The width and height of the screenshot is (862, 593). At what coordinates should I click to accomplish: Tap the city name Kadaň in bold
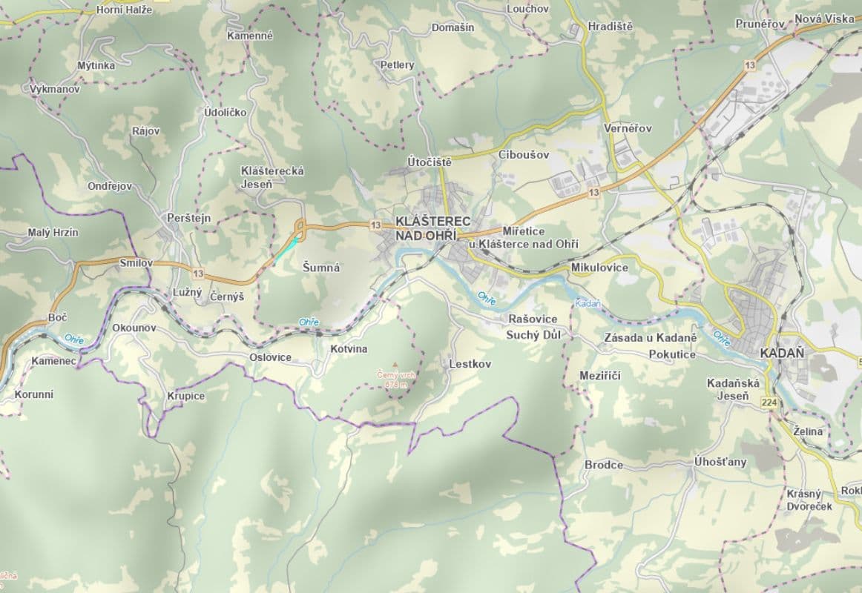(782, 354)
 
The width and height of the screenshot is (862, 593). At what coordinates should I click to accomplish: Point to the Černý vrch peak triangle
(395, 365)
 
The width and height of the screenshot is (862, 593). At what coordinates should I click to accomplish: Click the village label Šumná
(321, 268)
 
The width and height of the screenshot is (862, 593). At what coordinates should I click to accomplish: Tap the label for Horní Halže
(124, 10)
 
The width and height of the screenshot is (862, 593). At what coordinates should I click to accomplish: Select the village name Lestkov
(470, 364)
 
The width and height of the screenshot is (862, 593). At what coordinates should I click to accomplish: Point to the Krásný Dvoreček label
(809, 500)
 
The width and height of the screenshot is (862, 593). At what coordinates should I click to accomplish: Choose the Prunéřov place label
(760, 24)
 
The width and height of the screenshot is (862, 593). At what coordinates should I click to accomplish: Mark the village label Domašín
(453, 27)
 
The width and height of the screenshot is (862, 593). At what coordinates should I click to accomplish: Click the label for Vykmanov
(55, 89)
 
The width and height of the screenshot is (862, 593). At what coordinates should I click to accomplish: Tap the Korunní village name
(34, 394)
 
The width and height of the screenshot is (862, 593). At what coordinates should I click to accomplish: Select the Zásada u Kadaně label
(650, 338)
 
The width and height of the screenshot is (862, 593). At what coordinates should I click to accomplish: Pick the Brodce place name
(604, 465)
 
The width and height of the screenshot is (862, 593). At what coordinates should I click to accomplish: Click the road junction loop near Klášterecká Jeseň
(300, 225)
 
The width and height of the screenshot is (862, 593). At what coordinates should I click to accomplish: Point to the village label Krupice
(185, 396)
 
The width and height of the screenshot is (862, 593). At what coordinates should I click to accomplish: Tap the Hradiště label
(610, 26)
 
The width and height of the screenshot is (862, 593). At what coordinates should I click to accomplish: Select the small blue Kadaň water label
(587, 304)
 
